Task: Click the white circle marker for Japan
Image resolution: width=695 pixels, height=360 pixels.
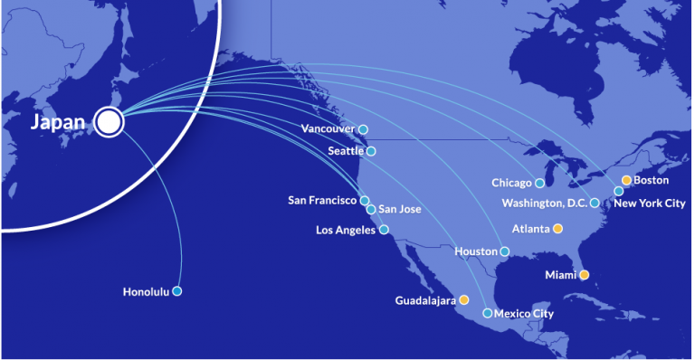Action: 109,122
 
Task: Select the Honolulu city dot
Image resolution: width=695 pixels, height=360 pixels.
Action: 177,291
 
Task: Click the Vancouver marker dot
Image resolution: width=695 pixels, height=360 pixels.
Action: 363,129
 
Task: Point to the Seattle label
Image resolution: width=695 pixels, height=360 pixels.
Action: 346,151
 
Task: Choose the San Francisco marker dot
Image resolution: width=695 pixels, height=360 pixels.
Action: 365,201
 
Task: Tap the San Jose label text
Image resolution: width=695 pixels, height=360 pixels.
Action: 399,210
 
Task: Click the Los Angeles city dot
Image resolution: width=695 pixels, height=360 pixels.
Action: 384,230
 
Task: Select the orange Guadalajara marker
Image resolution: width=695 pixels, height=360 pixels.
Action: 464,299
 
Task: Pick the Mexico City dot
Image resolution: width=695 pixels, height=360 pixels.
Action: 488,314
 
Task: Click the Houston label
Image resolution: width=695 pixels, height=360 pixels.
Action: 476,251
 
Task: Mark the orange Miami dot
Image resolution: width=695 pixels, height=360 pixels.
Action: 584,274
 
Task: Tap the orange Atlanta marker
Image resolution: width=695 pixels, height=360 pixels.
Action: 557,229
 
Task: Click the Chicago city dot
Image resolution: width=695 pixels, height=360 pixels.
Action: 540,184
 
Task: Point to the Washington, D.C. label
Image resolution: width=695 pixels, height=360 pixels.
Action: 546,203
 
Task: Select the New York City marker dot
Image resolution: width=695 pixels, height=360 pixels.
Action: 619,191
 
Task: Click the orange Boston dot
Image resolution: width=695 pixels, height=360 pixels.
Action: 626,180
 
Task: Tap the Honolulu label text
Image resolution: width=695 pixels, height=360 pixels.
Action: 147,291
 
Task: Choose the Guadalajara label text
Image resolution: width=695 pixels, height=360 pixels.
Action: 425,299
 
